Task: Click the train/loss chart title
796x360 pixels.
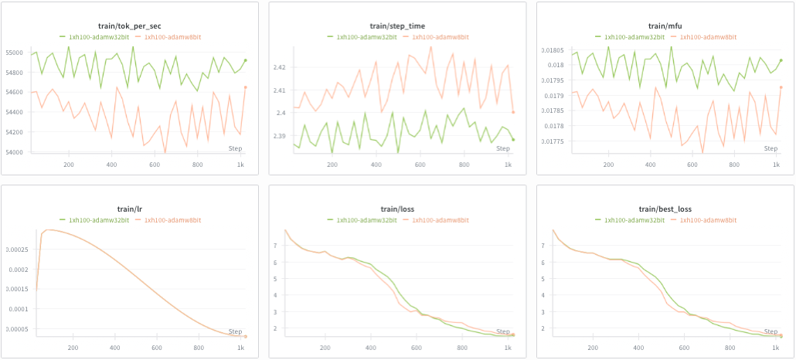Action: [x=397, y=209]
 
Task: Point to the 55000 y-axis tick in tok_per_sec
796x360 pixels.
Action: [x=15, y=53]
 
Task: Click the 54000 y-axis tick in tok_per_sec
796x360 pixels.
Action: [x=15, y=152]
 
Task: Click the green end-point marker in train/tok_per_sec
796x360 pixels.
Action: [x=245, y=60]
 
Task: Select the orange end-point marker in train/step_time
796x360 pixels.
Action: [x=513, y=112]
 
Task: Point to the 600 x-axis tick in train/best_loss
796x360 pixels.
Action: [x=679, y=348]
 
